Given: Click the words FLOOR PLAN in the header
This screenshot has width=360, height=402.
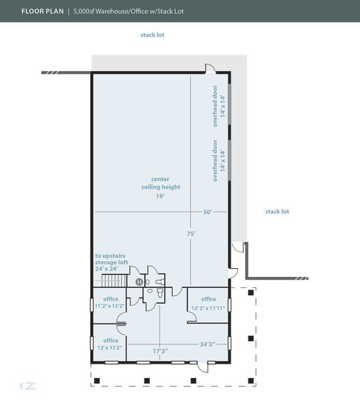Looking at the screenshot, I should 42,12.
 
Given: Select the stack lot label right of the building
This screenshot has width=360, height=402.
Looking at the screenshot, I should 277,211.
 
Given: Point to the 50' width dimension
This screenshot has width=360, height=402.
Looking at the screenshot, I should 207,212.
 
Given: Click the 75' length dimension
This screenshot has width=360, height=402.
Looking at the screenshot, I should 191,234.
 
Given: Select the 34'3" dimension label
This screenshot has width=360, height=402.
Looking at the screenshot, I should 207,343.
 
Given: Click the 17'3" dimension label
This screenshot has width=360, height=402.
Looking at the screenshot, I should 160,351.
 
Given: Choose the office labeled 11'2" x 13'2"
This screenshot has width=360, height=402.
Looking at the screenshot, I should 111,302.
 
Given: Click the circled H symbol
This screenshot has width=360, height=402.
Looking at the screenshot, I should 139,282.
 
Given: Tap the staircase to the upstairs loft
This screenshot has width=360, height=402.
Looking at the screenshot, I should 111,281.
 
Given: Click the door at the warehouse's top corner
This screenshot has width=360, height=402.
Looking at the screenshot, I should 209,70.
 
